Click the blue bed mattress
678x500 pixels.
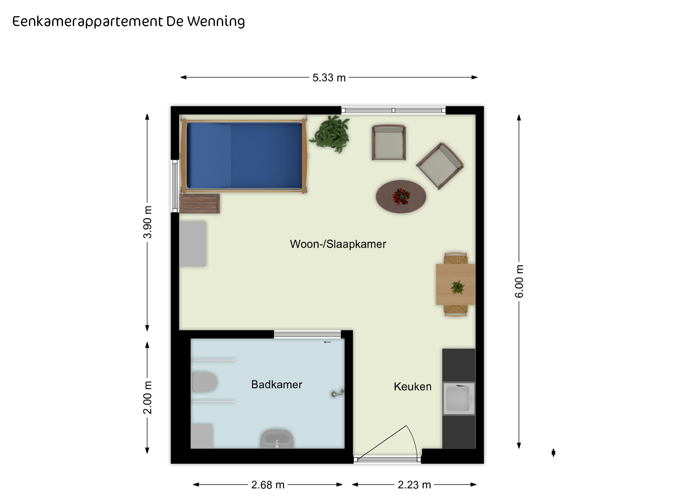(244, 155)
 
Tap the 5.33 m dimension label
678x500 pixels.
(329, 78)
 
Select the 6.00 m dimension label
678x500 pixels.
(519, 281)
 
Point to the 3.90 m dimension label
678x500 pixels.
(147, 222)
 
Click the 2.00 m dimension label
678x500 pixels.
(147, 397)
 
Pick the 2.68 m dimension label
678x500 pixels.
(268, 485)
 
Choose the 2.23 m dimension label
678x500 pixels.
(414, 485)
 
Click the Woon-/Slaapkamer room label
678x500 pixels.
(338, 244)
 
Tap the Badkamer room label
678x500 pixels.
(277, 384)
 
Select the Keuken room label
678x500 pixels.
(413, 387)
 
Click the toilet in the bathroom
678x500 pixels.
(204, 382)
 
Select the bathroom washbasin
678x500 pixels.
(277, 439)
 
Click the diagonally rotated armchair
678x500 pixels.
(440, 166)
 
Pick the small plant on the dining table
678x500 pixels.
(457, 287)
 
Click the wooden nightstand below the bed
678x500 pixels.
(200, 204)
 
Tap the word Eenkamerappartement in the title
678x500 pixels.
(88, 22)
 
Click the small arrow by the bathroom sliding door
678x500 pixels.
(327, 342)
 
